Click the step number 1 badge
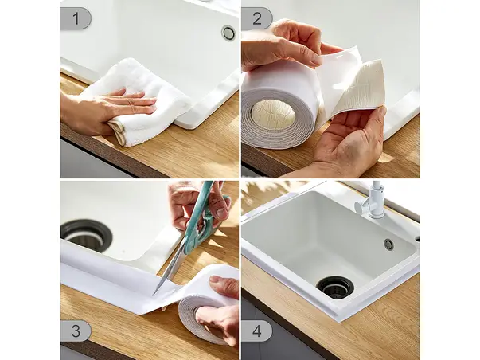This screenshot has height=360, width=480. point(76,18)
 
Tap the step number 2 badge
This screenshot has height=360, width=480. point(257,18)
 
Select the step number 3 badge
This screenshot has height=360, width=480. point(76,331)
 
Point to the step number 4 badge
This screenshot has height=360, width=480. point(257,331)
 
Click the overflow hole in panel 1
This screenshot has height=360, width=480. point(228,33)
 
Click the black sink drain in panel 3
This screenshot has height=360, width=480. point(86,235)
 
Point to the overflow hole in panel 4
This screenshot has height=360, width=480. point(388,245)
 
